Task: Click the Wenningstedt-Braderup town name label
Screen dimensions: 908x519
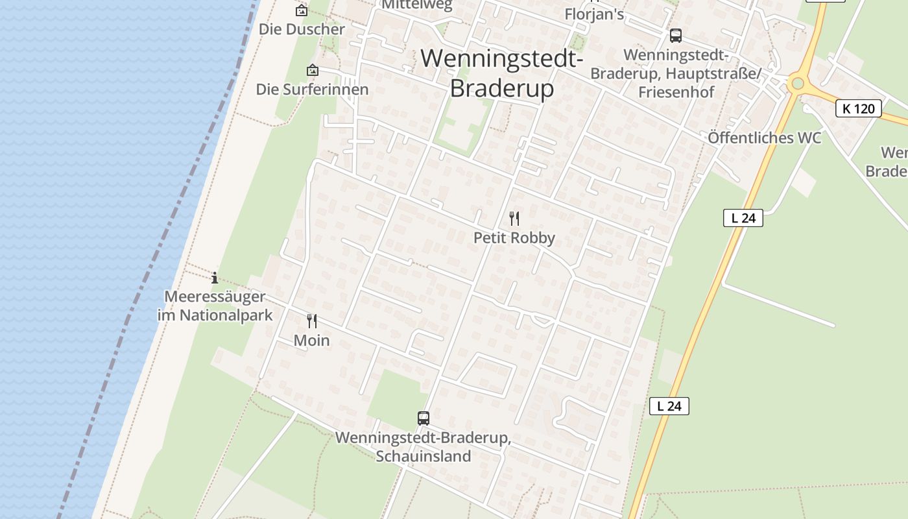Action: point(502,73)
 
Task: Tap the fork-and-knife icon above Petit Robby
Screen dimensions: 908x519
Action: point(514,218)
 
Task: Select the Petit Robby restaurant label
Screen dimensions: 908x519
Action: point(514,238)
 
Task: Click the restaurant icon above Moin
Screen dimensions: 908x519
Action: point(312,320)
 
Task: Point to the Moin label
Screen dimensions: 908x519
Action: point(312,341)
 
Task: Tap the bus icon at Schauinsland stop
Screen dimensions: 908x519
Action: point(424,418)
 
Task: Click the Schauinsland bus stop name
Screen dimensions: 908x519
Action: point(424,447)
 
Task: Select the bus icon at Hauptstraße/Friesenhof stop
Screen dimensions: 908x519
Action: point(676,36)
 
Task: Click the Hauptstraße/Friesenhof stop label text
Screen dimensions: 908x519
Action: point(676,73)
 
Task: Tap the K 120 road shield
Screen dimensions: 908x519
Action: point(858,108)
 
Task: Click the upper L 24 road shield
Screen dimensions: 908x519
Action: point(743,218)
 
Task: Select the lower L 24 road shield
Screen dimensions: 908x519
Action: point(669,406)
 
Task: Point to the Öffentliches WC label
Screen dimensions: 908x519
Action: point(765,138)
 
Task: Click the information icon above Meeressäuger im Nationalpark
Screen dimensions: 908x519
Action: point(215,278)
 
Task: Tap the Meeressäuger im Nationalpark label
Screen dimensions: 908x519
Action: point(215,306)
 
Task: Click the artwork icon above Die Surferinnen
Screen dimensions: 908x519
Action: point(313,70)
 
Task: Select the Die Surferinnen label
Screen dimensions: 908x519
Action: point(313,90)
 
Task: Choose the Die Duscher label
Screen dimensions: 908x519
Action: point(302,29)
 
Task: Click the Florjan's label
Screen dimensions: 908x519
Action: point(594,14)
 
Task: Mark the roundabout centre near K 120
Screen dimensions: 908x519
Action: point(798,83)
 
